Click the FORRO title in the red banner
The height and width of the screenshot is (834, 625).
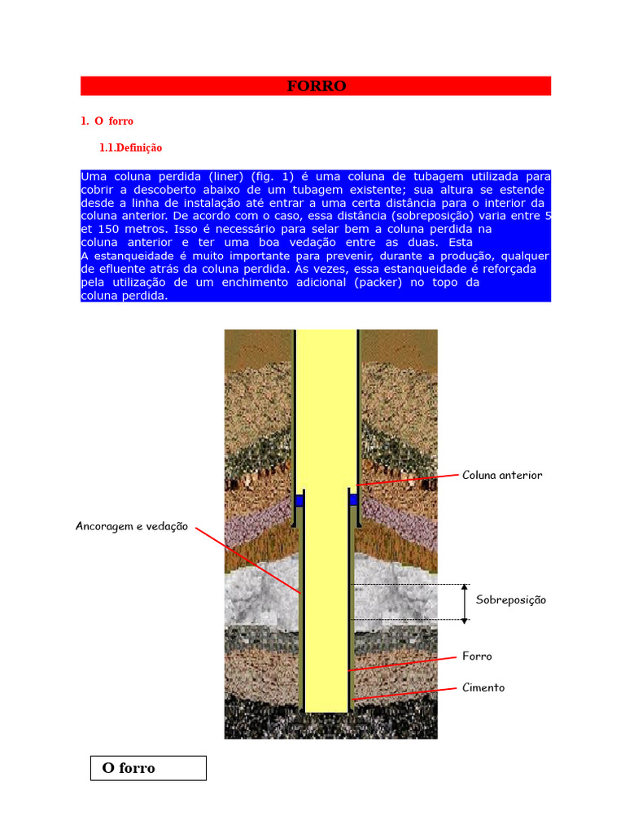[x=316, y=86]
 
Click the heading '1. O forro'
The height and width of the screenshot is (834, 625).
[x=107, y=121]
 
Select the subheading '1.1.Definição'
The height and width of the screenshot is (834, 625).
[x=130, y=148]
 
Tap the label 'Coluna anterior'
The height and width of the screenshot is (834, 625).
[x=501, y=475]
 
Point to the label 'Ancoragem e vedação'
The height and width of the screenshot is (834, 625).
[x=131, y=526]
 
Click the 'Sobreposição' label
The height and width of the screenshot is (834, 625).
[x=510, y=600]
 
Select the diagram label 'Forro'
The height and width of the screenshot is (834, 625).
[x=477, y=656]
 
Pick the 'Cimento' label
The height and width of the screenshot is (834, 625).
[x=483, y=687]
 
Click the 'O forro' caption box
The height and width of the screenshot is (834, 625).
[x=147, y=768]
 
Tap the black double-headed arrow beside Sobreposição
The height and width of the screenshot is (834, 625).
[x=465, y=604]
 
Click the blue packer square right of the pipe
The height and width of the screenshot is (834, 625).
[x=354, y=499]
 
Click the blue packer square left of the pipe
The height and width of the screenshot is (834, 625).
[x=299, y=500]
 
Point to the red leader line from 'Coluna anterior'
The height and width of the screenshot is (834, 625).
[x=407, y=480]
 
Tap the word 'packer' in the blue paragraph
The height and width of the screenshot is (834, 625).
[x=376, y=282]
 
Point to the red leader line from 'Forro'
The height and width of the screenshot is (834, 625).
[x=403, y=662]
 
